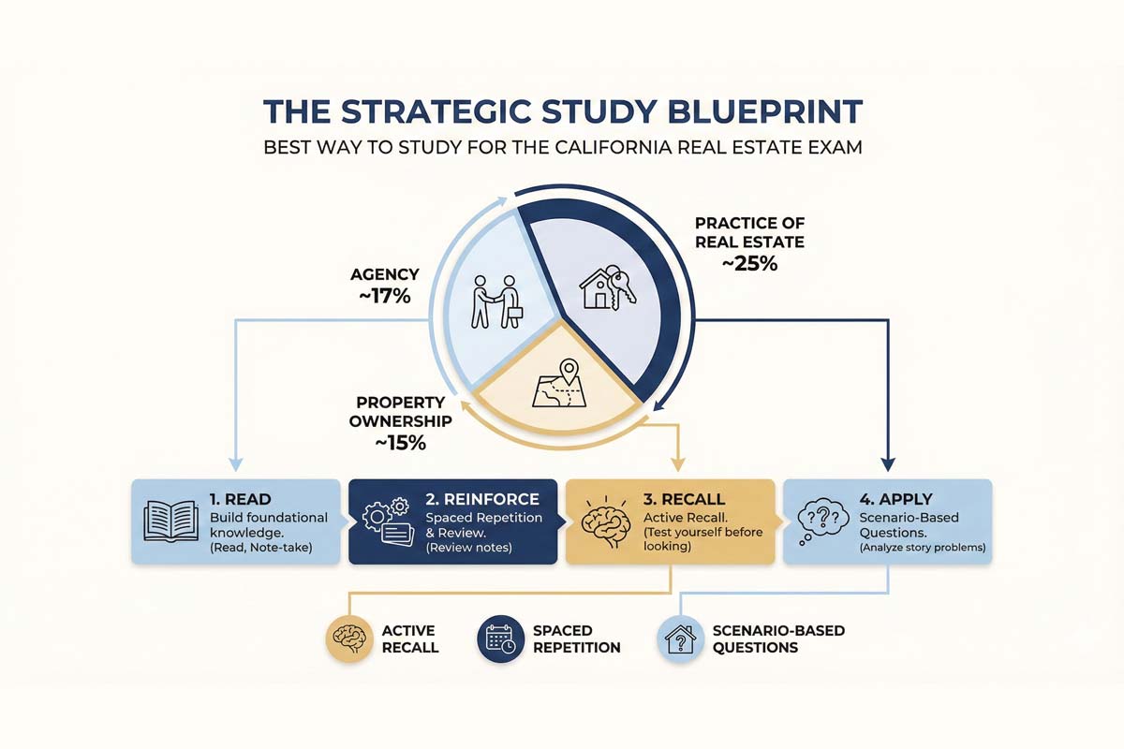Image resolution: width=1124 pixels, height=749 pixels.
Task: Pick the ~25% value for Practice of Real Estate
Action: click(748, 264)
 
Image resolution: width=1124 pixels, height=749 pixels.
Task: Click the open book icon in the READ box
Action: click(170, 521)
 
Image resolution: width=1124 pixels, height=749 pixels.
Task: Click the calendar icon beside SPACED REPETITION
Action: click(500, 638)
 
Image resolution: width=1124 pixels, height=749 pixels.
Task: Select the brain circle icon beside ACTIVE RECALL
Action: click(348, 638)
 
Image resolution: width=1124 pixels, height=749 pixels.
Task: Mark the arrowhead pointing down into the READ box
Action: click(234, 464)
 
